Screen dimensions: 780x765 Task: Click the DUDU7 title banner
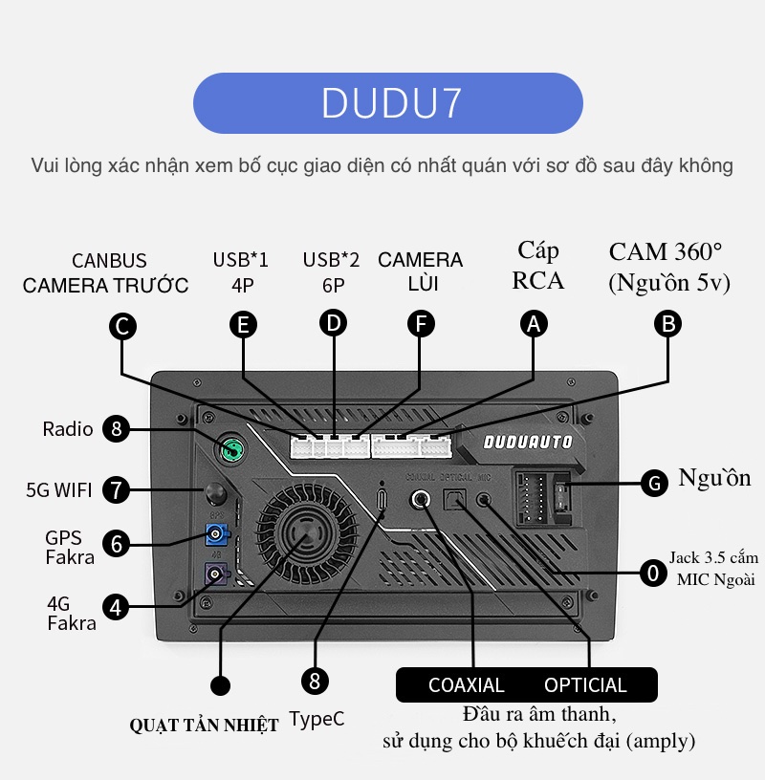pyautogui.click(x=387, y=103)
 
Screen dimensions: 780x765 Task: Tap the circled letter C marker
pyautogui.click(x=121, y=327)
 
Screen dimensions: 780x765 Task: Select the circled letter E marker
pyautogui.click(x=244, y=325)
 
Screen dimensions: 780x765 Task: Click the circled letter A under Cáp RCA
pyautogui.click(x=534, y=324)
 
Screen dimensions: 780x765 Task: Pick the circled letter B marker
pyautogui.click(x=667, y=324)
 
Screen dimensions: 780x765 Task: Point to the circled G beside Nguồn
pyautogui.click(x=654, y=483)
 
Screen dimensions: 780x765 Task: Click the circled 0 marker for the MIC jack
pyautogui.click(x=653, y=573)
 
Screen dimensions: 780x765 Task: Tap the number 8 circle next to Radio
pyautogui.click(x=117, y=429)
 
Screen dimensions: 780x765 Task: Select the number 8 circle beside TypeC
pyautogui.click(x=315, y=681)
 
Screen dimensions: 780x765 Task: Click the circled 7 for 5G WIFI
pyautogui.click(x=116, y=491)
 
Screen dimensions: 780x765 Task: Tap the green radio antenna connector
pyautogui.click(x=229, y=447)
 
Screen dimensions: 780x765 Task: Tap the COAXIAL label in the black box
pyautogui.click(x=466, y=685)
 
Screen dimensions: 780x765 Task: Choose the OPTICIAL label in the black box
pyautogui.click(x=585, y=685)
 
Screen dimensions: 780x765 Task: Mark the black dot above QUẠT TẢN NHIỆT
pyautogui.click(x=220, y=685)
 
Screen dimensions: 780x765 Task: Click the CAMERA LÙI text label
pyautogui.click(x=420, y=271)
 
